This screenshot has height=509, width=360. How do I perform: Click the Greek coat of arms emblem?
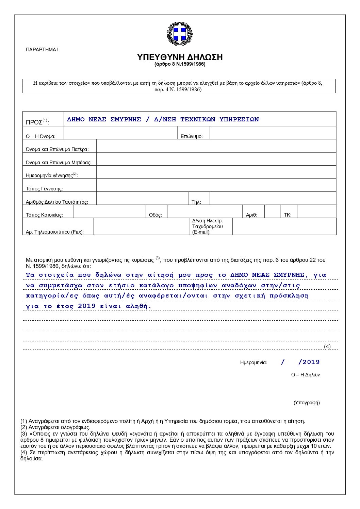coord(179,34)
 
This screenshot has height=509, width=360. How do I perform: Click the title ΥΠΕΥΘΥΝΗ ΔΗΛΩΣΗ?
coord(180,57)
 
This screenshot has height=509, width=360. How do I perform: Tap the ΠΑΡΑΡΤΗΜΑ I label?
coord(42,50)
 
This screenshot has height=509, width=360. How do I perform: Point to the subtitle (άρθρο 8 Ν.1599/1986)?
coord(180,64)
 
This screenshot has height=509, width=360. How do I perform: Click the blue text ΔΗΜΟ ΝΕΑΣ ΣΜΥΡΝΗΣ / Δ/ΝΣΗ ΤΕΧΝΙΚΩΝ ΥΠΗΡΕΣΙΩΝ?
coord(163,119)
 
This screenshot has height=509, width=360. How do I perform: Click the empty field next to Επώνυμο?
coord(273,133)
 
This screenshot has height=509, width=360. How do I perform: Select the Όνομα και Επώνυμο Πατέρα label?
coord(57,149)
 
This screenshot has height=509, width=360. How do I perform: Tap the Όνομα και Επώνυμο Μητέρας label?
coord(59,163)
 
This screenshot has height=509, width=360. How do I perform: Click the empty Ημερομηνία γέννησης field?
coord(216,172)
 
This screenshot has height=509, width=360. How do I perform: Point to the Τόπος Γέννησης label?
coord(44,189)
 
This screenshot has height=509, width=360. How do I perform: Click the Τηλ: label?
coord(196,202)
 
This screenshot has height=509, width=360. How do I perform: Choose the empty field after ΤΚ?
coord(316,211)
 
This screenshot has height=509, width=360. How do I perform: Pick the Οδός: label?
coord(156,215)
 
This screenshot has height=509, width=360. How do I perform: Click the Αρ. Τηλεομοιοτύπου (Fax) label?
coord(55,232)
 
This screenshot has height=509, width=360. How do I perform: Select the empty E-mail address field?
coord(284,226)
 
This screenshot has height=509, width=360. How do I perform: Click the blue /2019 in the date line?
coord(309,362)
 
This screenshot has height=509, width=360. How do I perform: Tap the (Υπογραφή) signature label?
coord(307,403)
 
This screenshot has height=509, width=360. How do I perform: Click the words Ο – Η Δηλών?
coord(305,375)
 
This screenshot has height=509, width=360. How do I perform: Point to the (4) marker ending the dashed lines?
coord(327,346)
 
